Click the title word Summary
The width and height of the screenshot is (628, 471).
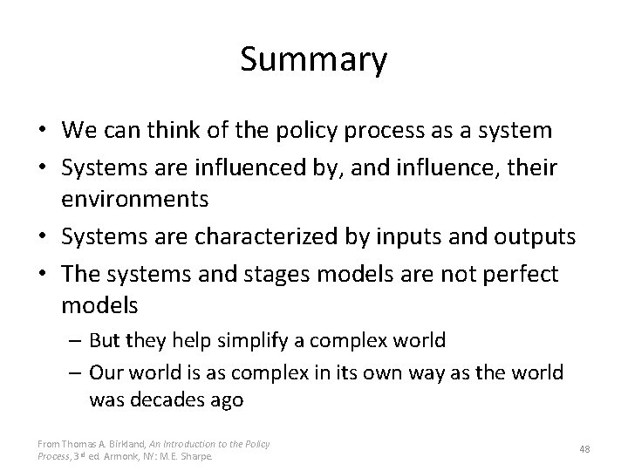(x=313, y=60)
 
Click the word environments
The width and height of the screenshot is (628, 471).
(x=135, y=199)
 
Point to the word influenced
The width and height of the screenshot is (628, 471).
(x=231, y=166)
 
